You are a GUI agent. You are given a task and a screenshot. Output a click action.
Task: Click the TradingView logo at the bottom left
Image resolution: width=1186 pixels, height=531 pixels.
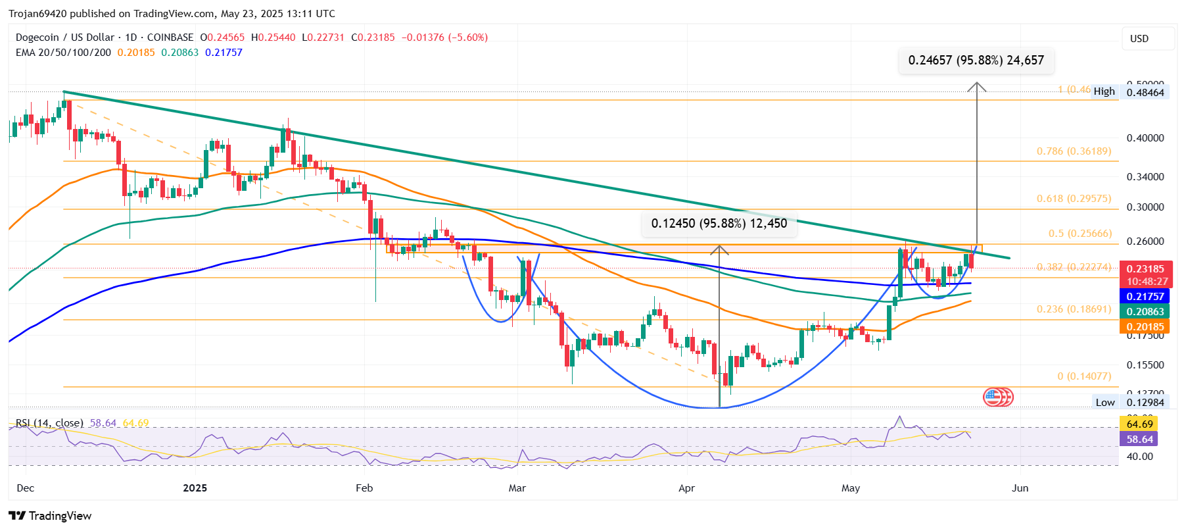50,516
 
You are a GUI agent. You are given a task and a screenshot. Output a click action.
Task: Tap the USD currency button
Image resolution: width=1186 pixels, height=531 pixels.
1147,39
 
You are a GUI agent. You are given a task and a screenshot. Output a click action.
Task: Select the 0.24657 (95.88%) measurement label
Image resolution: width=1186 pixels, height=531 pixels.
976,61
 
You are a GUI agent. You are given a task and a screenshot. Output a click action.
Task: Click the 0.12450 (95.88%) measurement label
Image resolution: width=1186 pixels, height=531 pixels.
719,224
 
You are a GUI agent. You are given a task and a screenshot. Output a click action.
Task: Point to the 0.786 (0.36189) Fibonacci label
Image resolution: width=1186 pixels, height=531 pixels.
1074,151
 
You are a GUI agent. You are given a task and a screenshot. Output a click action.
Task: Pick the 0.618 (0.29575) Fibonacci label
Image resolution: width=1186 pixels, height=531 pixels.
1074,199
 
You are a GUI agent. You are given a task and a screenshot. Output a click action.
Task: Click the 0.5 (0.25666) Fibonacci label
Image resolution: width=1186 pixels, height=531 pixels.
1079,234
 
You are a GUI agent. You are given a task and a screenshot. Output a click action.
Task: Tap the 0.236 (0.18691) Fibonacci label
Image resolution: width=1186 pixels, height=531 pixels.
1074,309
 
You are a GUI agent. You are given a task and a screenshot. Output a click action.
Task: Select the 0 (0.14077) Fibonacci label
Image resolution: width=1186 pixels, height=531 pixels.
1083,376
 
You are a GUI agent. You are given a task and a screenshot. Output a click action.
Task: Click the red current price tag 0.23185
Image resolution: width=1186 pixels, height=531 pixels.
1145,269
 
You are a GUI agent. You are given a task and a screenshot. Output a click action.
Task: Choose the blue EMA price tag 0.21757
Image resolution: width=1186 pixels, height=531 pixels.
1145,297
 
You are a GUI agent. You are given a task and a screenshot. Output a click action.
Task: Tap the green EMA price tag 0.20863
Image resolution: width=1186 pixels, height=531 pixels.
1145,312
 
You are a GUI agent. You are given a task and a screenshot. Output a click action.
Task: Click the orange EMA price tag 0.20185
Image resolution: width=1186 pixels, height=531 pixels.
1145,327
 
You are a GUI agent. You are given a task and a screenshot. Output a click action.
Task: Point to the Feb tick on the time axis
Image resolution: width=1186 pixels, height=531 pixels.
364,488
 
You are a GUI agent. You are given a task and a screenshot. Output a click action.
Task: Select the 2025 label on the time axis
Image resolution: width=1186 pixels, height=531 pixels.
195,488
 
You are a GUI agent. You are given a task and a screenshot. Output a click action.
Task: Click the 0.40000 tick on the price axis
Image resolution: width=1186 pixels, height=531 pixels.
1145,138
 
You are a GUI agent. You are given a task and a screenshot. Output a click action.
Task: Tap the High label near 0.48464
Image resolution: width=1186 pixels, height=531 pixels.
1104,91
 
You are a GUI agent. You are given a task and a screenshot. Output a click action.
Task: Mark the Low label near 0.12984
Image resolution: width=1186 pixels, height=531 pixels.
1104,403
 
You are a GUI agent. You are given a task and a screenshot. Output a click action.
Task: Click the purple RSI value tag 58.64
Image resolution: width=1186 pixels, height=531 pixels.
1139,440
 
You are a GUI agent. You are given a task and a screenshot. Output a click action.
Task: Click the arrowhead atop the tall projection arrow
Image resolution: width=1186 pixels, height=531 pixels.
976,85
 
